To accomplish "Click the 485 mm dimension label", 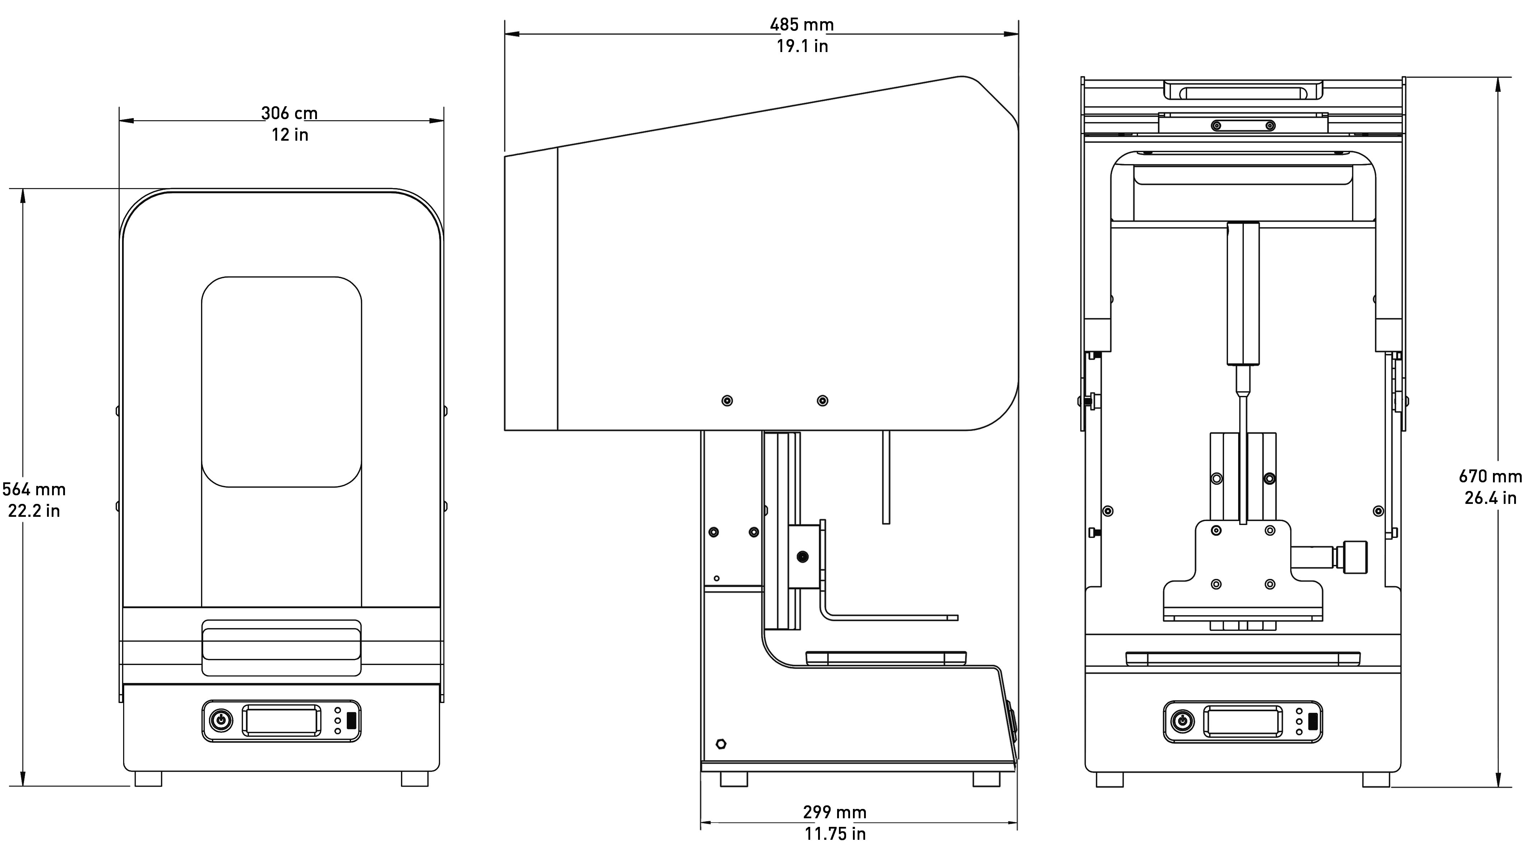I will tap(802, 25).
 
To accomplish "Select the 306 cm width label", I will tap(289, 113).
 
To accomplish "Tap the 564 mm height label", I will tap(34, 490).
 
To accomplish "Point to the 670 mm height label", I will tap(1490, 476).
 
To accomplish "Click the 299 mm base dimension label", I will tap(835, 812).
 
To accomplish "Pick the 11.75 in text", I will tap(835, 834).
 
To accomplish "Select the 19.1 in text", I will tap(802, 46).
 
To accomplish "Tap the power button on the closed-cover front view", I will tap(221, 721).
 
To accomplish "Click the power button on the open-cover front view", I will tap(1182, 721).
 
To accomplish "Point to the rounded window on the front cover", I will tap(281, 382).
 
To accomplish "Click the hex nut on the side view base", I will tap(721, 744).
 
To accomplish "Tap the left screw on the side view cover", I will tap(727, 401).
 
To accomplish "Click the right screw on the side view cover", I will tap(822, 401).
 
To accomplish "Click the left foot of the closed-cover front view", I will tap(148, 778).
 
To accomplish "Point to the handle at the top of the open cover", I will tap(1243, 90).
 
